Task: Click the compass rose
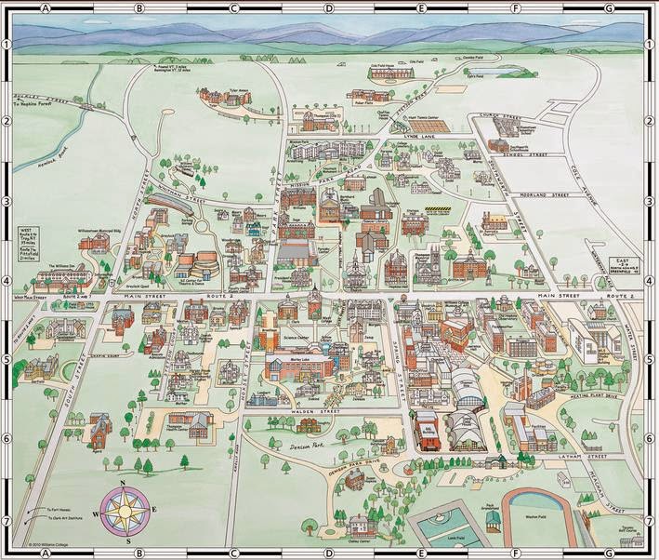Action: click(x=124, y=510)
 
